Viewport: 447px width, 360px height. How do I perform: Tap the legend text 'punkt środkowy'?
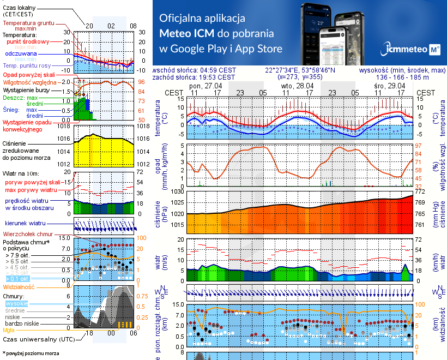point(28,41)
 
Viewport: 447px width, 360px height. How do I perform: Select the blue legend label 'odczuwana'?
point(21,54)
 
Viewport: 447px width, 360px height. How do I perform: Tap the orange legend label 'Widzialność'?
point(19,286)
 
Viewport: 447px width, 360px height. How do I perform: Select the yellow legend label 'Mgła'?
point(9,330)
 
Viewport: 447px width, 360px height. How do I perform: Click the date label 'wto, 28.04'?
point(297,86)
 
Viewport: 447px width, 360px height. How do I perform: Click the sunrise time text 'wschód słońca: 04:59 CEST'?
point(195,70)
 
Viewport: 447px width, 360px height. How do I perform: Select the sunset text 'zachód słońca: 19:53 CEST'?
point(194,77)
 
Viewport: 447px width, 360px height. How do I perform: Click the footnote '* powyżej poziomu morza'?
point(31,353)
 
